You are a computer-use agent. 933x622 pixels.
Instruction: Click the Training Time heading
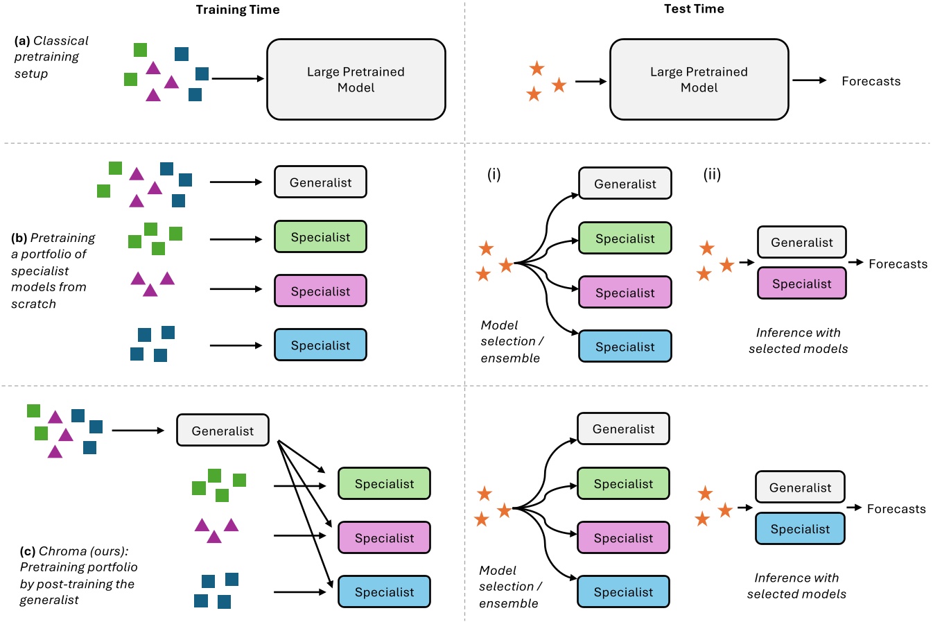[238, 10]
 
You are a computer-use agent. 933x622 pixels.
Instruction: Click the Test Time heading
[694, 9]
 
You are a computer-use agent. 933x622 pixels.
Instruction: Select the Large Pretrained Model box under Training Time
[356, 80]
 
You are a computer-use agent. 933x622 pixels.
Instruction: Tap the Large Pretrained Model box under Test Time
[699, 80]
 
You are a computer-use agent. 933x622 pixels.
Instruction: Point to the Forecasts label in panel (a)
[871, 81]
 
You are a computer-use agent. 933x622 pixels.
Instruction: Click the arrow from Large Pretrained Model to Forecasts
[809, 80]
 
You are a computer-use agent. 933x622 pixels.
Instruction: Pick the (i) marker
[494, 174]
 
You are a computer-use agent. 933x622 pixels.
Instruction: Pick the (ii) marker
[712, 174]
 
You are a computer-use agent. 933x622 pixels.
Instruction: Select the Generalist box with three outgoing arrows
[223, 431]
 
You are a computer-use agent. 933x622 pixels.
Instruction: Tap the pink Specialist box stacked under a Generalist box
[801, 284]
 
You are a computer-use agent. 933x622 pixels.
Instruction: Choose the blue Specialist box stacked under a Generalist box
[800, 529]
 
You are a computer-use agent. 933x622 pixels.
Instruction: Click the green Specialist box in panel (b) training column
[320, 237]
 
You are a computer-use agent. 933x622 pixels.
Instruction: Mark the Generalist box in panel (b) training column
[320, 182]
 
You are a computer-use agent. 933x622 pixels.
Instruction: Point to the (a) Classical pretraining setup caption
[51, 57]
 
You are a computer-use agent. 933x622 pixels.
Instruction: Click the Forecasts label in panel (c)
[896, 509]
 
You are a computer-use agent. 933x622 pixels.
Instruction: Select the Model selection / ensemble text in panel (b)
[512, 341]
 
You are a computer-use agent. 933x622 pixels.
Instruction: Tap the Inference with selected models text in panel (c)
[796, 586]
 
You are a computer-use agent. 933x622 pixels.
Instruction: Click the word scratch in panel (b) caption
[33, 304]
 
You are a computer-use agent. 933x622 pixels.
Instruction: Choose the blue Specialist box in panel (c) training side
[384, 592]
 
